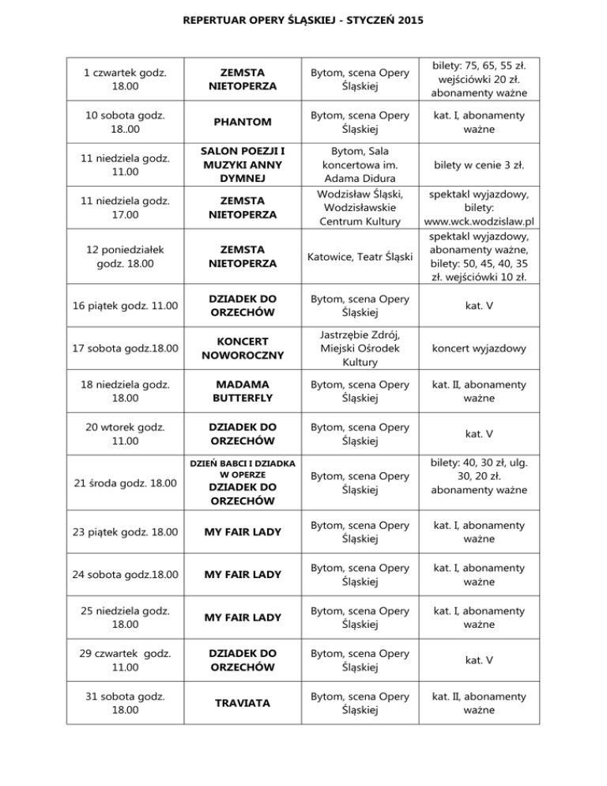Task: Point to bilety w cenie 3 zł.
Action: point(480,165)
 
